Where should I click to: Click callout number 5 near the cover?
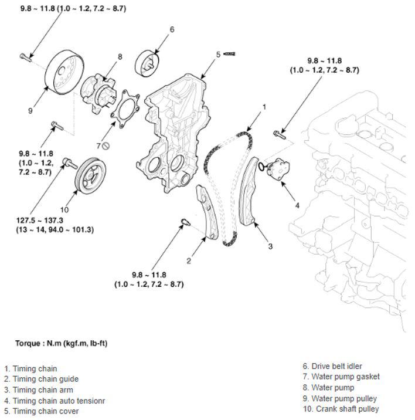218,55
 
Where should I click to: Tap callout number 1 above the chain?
264,107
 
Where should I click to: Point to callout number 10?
64,209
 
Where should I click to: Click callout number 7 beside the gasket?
98,145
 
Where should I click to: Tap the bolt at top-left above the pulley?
25,56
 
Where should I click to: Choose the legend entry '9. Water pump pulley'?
339,398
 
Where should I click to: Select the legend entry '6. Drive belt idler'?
332,366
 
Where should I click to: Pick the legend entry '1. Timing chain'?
30,369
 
